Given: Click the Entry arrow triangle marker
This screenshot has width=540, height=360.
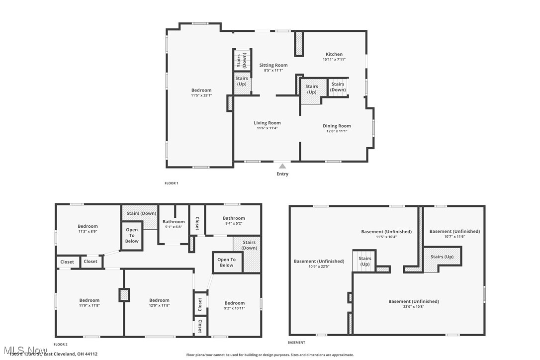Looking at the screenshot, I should (x=282, y=166).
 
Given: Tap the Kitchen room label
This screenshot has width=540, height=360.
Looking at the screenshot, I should (x=334, y=54).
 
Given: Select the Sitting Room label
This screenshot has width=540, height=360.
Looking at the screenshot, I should (x=273, y=65).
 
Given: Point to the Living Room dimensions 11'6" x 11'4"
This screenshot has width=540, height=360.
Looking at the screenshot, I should (x=267, y=128).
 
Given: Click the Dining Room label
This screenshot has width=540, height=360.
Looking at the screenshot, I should (x=337, y=126).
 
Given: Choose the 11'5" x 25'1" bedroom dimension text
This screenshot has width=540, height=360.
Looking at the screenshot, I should (x=201, y=95).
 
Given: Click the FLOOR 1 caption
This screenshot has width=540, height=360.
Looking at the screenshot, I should (x=171, y=183).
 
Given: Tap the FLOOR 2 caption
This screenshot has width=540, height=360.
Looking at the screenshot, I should (x=60, y=344).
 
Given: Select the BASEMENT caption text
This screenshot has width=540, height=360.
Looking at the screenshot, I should (x=296, y=343).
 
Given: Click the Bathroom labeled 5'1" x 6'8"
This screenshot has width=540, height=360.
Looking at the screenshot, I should (x=174, y=222).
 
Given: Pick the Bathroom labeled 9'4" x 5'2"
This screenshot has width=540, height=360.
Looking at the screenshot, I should (x=233, y=218).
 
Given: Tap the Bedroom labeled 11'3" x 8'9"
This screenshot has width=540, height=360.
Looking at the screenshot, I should (x=88, y=226).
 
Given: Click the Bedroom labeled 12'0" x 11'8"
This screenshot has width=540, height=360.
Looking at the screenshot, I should (x=159, y=300).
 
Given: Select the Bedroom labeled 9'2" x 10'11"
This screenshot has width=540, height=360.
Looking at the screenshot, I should (x=234, y=303).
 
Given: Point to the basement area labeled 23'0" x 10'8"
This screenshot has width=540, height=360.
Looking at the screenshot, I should (x=413, y=301).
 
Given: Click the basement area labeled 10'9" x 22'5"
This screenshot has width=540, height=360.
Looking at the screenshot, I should (x=318, y=262).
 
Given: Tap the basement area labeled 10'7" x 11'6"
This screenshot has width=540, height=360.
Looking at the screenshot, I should (x=454, y=231).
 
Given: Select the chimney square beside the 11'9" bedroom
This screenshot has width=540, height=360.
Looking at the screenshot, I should (x=124, y=294).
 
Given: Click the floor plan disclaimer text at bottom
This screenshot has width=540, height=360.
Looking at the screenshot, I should (x=270, y=355).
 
